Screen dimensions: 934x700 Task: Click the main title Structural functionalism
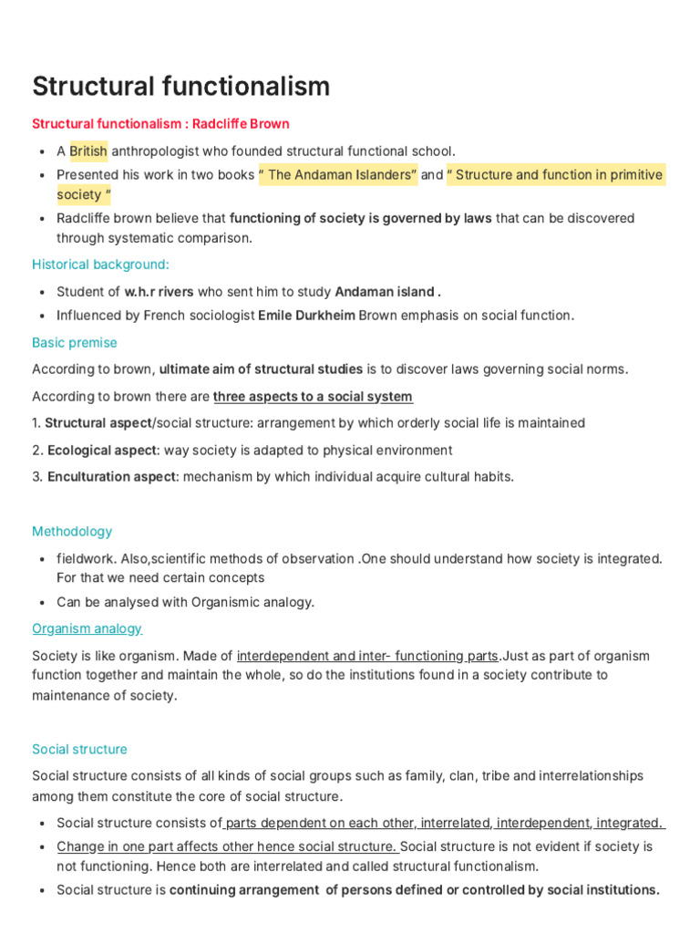180,87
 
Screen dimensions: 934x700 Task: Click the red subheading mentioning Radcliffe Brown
160,123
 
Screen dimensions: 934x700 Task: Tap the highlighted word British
88,150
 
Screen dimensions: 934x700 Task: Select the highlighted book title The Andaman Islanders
338,174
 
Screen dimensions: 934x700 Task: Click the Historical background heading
100,265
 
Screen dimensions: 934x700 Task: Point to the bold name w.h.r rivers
160,292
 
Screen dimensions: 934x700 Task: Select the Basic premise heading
74,343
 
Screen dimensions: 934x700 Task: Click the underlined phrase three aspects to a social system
313,397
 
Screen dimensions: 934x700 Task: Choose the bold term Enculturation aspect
110,477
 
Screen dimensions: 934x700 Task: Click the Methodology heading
72,532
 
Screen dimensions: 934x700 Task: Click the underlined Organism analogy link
87,628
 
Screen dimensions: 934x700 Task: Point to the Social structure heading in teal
79,749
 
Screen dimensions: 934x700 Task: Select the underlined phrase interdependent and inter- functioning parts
367,656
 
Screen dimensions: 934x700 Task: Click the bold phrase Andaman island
387,292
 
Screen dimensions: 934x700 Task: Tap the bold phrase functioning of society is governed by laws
360,218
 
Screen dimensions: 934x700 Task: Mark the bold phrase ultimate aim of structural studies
261,369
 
